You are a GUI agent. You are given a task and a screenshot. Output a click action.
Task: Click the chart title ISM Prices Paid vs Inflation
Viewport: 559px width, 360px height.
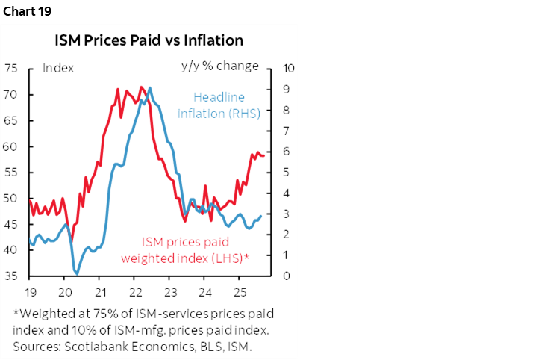(x=149, y=39)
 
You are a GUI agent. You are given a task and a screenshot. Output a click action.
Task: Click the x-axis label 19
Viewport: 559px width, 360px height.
(x=30, y=291)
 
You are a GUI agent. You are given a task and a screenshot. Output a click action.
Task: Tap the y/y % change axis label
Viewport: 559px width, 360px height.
(x=219, y=66)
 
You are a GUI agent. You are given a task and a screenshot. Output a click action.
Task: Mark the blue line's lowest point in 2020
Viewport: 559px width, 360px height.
(x=76, y=274)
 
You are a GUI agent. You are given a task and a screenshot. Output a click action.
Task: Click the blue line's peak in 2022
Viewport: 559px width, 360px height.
(x=150, y=87)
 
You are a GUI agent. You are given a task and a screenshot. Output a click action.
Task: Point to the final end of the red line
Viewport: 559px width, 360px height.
(x=264, y=155)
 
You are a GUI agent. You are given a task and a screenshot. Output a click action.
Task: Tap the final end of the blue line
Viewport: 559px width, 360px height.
(x=260, y=216)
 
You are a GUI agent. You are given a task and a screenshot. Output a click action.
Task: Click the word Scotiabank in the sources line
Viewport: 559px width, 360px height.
(x=83, y=346)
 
